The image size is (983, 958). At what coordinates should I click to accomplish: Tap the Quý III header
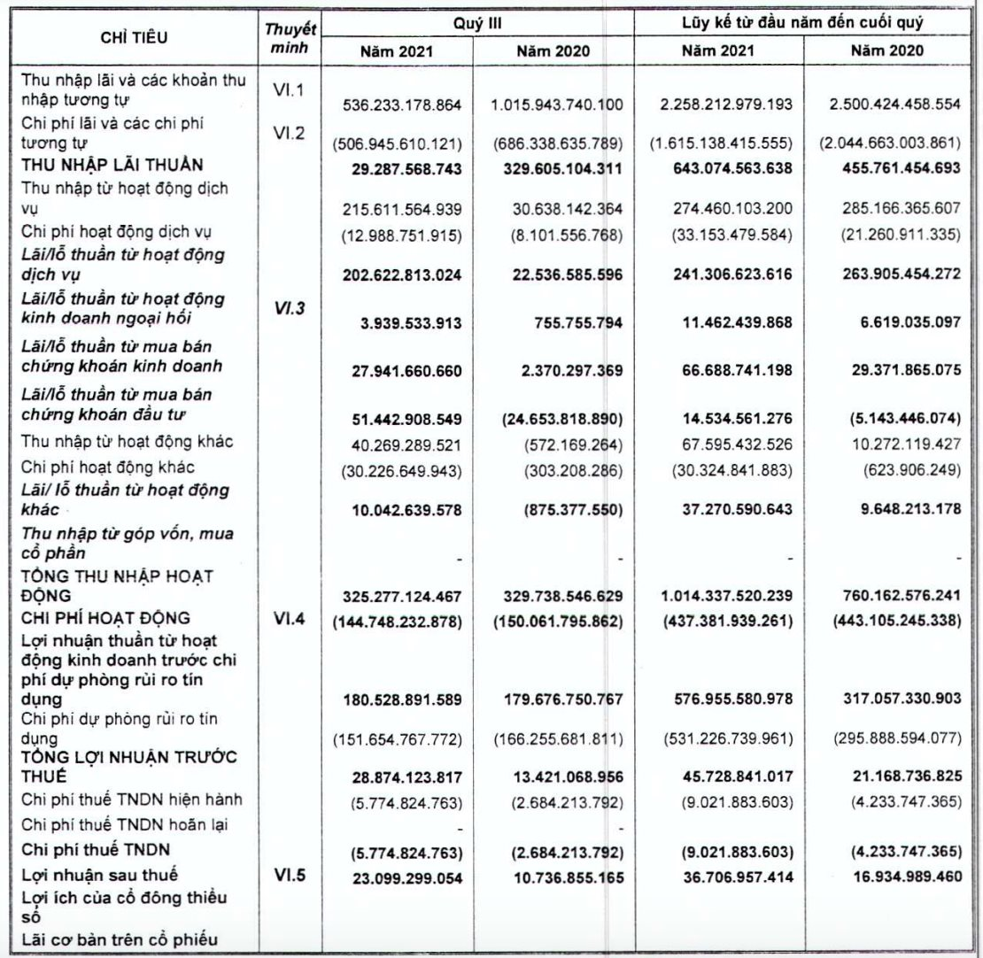477,21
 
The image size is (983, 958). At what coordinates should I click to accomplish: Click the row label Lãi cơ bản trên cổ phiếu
117,939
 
